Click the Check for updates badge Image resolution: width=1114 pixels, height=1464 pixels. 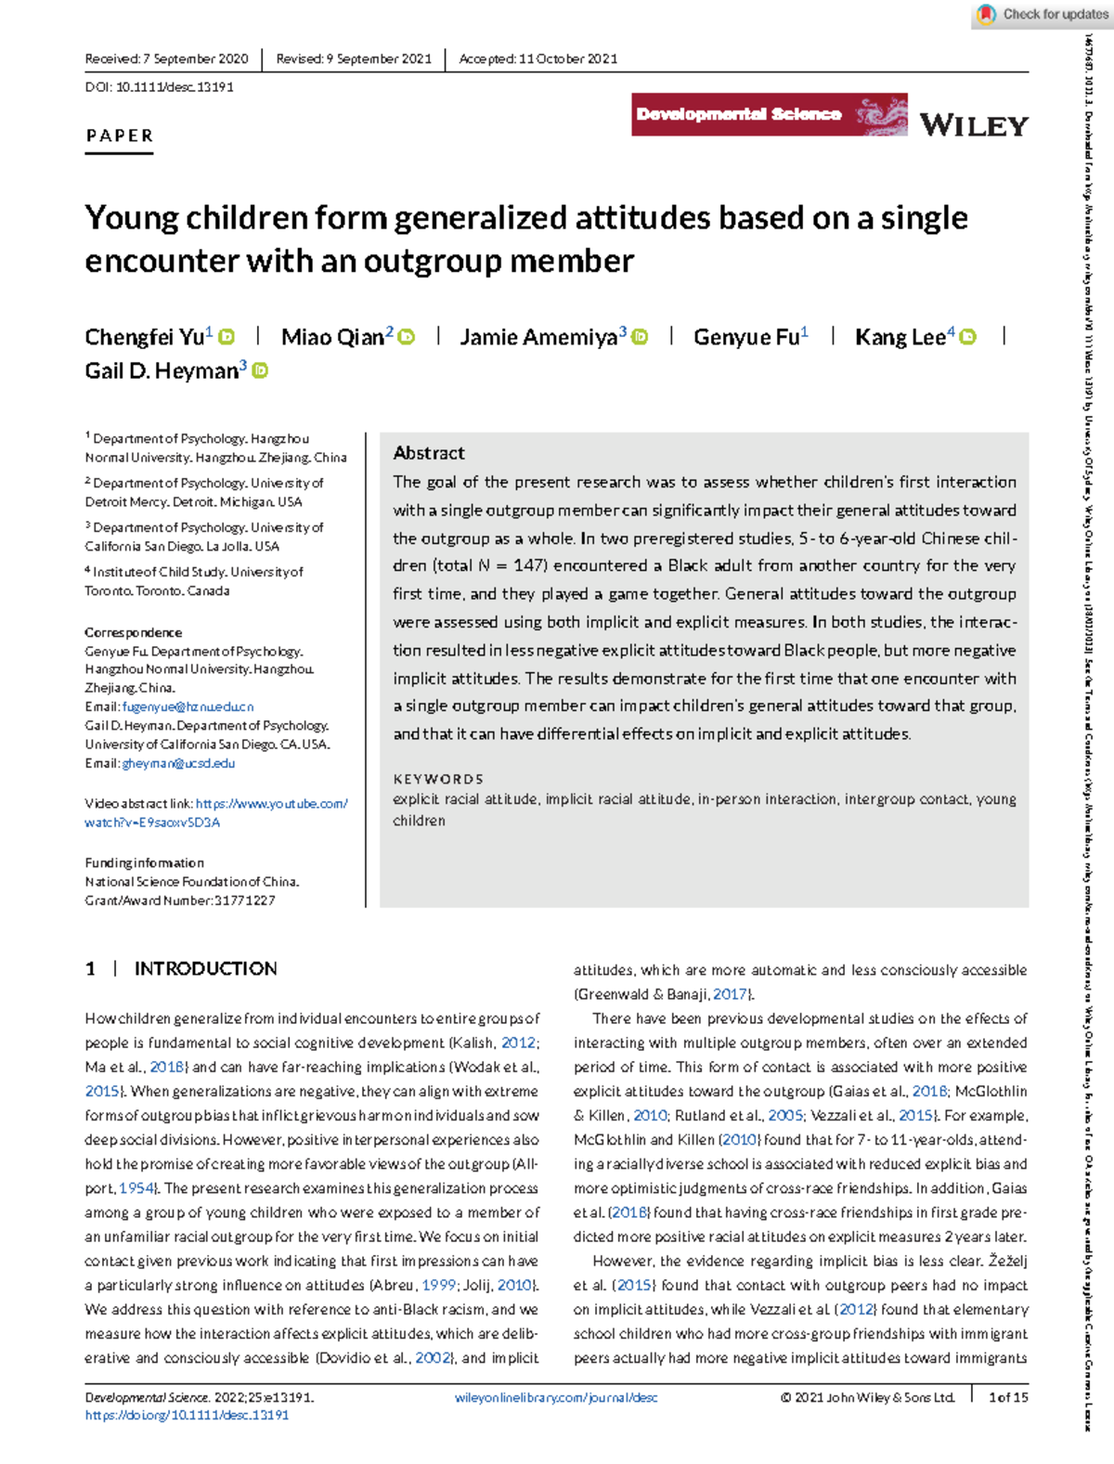point(1043,15)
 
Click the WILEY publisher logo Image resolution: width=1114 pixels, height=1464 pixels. point(974,125)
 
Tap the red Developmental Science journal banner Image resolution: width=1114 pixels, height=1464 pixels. point(769,115)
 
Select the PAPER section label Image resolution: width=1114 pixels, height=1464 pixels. point(119,136)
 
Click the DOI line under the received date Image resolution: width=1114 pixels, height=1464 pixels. point(159,87)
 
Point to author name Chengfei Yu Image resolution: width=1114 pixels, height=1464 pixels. point(144,337)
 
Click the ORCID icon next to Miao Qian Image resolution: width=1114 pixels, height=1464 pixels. point(407,337)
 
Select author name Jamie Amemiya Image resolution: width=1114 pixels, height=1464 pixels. point(538,337)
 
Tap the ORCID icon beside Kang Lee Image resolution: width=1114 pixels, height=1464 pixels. point(967,337)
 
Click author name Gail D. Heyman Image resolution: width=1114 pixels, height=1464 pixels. point(162,371)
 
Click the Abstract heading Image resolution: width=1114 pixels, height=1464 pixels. point(428,453)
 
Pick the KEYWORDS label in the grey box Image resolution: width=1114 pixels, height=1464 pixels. point(438,779)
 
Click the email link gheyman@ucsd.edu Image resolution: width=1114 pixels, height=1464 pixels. point(178,763)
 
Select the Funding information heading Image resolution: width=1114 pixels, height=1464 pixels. point(144,862)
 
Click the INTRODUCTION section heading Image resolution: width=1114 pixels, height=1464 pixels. point(205,969)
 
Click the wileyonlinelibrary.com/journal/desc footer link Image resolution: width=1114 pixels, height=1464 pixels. point(556,1397)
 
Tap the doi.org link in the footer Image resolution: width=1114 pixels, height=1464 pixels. point(187,1416)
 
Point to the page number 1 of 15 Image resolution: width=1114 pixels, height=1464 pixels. point(1008,1397)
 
